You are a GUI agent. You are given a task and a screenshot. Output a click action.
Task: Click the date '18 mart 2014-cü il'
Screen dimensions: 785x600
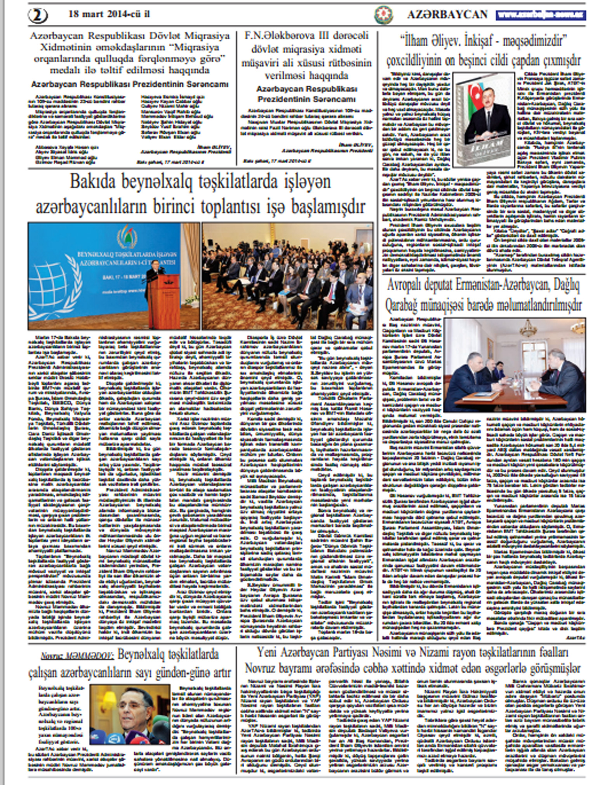109,14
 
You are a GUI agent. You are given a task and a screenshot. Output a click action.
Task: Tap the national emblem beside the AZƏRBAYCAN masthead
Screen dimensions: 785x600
383,15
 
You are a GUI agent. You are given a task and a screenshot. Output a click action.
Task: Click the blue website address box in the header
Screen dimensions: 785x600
540,15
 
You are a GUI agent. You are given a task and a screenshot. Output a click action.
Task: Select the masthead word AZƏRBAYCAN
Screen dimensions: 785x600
447,15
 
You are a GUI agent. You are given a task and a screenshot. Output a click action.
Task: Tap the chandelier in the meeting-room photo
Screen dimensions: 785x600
529,329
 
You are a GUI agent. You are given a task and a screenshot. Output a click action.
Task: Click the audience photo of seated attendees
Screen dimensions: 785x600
287,276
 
